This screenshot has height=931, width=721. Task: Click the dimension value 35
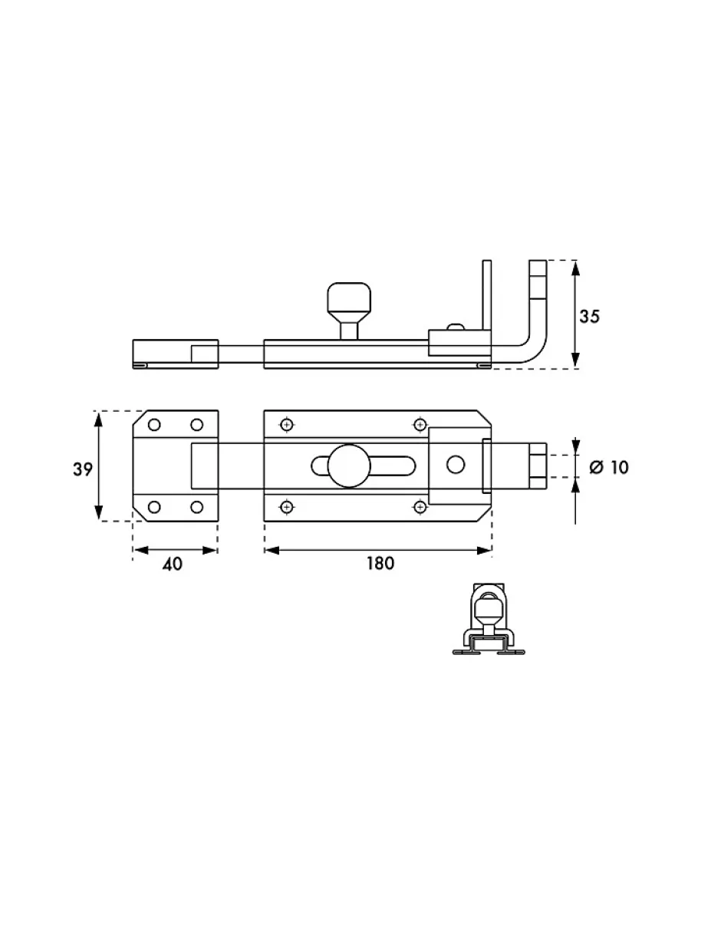589,316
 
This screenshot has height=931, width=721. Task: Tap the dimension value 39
83,469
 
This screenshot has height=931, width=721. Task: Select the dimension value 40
173,564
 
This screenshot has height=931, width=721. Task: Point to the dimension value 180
380,564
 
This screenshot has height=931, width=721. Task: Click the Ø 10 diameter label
609,467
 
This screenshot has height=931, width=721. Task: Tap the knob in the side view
349,310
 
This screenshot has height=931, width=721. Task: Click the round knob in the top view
349,465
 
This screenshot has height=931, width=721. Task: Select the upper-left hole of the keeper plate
154,425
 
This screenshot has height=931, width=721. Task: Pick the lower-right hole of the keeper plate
196,507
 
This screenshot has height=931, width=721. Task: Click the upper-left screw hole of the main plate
287,425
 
